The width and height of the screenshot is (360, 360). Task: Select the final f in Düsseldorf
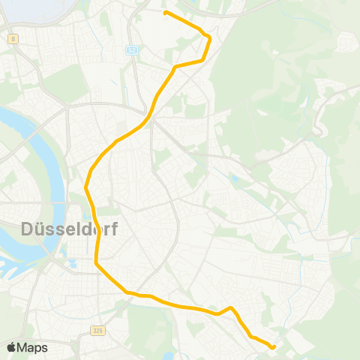point(112,228)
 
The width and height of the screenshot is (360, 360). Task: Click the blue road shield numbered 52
point(132,49)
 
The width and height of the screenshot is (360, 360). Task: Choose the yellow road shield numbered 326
point(98,330)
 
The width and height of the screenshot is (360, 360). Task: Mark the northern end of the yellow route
point(165,13)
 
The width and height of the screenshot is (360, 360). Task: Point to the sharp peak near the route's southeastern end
point(232,307)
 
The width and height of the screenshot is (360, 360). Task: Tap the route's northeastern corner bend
point(209,37)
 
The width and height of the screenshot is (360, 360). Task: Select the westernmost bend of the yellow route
point(86,187)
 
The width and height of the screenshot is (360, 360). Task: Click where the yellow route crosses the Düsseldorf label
point(95,228)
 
